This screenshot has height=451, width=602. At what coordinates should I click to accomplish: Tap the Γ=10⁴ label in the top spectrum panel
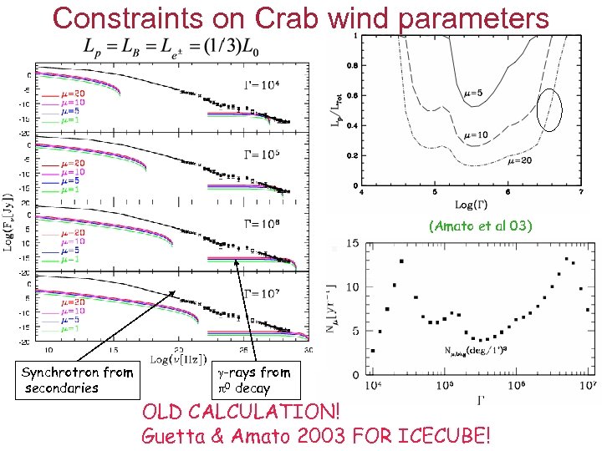(262, 84)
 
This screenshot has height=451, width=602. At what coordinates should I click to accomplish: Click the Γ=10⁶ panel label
(262, 223)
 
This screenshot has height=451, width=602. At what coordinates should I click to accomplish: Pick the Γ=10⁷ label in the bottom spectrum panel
(262, 292)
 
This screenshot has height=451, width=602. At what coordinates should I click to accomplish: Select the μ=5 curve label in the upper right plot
(474, 94)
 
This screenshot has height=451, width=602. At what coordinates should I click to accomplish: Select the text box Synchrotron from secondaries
(77, 380)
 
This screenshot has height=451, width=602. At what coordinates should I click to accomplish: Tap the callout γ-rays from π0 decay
(253, 380)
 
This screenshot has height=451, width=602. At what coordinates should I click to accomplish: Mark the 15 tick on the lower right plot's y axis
(353, 243)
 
